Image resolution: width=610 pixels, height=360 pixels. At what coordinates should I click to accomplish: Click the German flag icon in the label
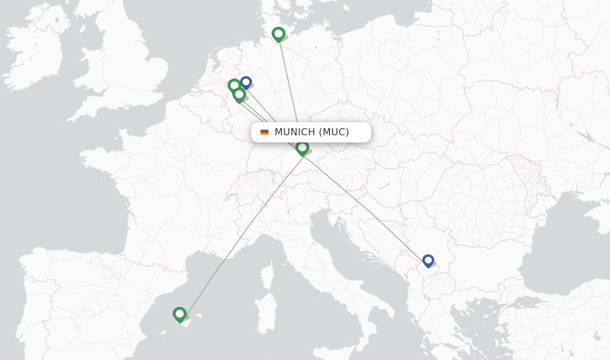264,132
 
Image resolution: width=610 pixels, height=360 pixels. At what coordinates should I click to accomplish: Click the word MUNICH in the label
294,132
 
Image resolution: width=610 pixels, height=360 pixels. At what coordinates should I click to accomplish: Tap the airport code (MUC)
334,132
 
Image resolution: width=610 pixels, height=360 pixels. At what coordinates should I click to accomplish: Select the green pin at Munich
302,147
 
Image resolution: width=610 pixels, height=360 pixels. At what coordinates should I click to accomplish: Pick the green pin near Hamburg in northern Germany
278,34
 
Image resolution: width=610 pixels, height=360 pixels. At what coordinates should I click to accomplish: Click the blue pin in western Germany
245,82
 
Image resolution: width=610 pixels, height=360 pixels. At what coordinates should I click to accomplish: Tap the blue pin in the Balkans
428,260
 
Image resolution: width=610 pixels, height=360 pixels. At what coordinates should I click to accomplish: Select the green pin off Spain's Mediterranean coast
179,314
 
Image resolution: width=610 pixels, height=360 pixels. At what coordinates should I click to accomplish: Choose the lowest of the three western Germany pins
239,94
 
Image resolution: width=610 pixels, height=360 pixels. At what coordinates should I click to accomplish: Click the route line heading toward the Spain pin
238,238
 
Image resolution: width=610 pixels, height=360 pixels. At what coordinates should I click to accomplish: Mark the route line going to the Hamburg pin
289,83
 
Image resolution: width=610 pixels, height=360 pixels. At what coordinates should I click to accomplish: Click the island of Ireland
36,54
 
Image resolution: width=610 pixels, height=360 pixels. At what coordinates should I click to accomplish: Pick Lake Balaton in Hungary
384,187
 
